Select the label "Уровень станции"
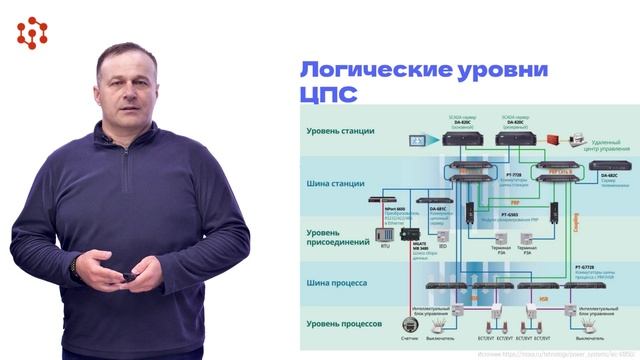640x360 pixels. (341, 131)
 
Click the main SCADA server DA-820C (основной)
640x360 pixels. (462, 139)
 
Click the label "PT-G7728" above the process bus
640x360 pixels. (589, 267)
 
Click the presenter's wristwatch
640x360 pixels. (75, 270)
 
